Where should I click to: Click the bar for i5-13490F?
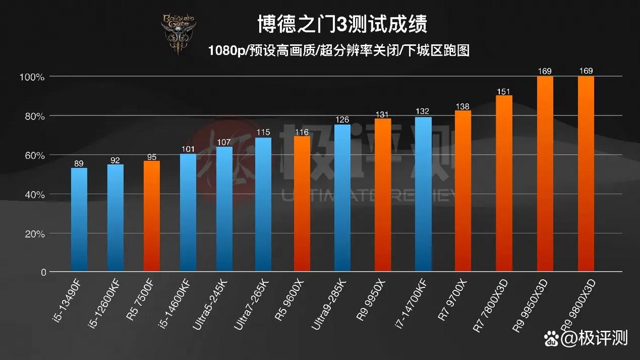click(79, 219)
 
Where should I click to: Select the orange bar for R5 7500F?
click(151, 216)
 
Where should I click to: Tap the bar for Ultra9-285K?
click(342, 198)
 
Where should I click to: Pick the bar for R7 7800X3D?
click(504, 183)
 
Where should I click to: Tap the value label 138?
click(463, 107)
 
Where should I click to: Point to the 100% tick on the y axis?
click(32, 77)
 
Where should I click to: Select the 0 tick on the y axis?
click(43, 272)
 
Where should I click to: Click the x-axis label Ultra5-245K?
click(212, 303)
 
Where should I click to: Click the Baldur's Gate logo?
click(178, 34)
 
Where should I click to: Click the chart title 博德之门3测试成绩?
click(342, 24)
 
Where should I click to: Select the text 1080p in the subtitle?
click(227, 51)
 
